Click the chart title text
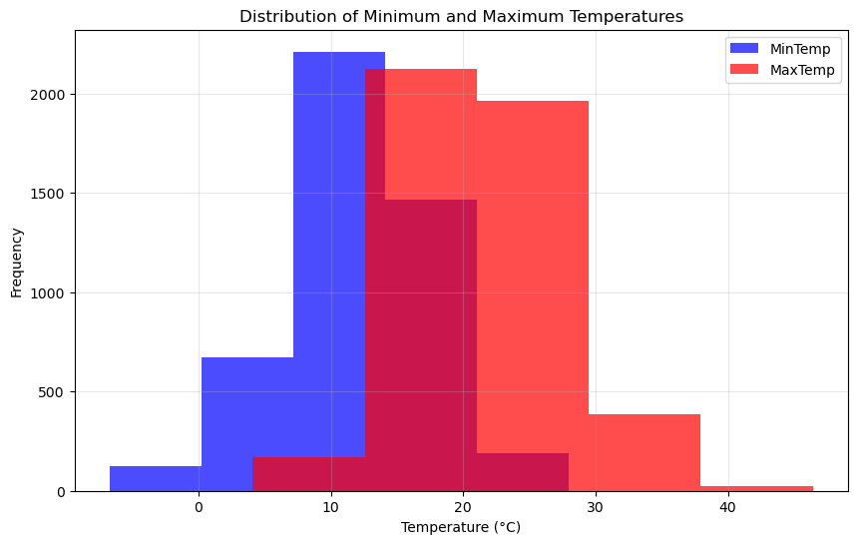(461, 16)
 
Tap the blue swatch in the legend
(743, 49)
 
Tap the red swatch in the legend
(743, 70)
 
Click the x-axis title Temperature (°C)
(461, 527)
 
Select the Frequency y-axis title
(17, 263)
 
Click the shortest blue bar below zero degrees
(156, 478)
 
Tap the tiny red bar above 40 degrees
(756, 488)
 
